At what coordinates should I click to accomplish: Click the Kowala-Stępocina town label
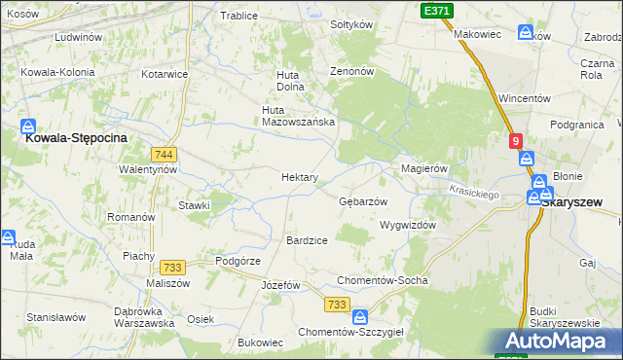pyautogui.click(x=76, y=138)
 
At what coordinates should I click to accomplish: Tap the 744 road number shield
pyautogui.click(x=164, y=154)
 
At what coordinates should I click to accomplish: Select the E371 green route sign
pyautogui.click(x=437, y=9)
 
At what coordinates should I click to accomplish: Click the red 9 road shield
pyautogui.click(x=515, y=140)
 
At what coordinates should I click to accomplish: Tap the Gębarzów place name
pyautogui.click(x=363, y=201)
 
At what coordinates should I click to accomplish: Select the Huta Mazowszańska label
pyautogui.click(x=298, y=116)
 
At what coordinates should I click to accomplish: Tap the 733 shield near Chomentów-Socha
pyautogui.click(x=338, y=305)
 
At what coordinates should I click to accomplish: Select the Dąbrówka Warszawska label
pyautogui.click(x=143, y=316)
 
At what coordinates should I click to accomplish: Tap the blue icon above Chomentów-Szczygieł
pyautogui.click(x=360, y=316)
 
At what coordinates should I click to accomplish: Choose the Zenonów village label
pyautogui.click(x=351, y=72)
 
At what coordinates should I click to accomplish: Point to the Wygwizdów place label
pyautogui.click(x=407, y=225)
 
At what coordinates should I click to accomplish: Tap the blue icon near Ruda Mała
pyautogui.click(x=7, y=236)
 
